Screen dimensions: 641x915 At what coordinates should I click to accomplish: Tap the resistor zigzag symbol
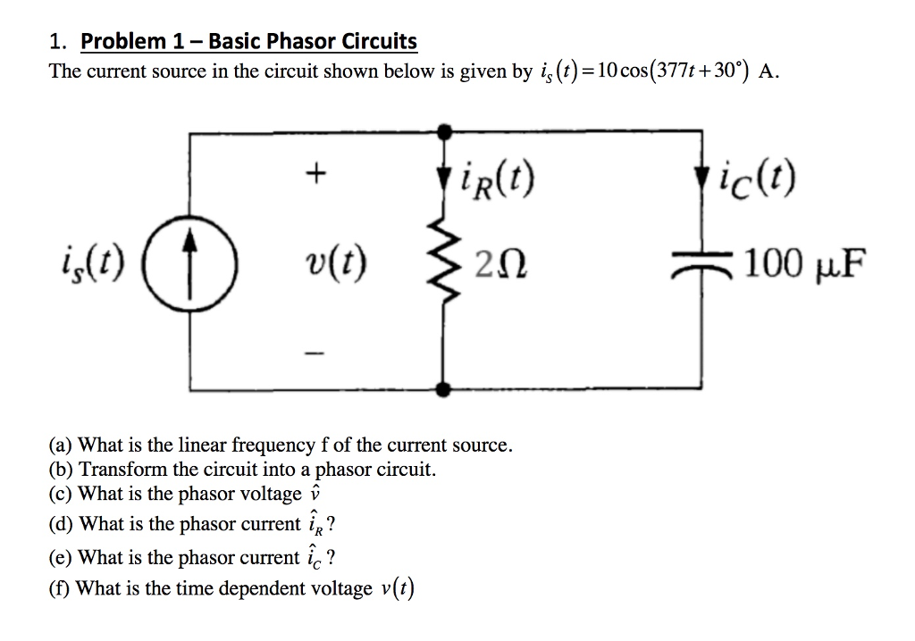pos(444,263)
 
